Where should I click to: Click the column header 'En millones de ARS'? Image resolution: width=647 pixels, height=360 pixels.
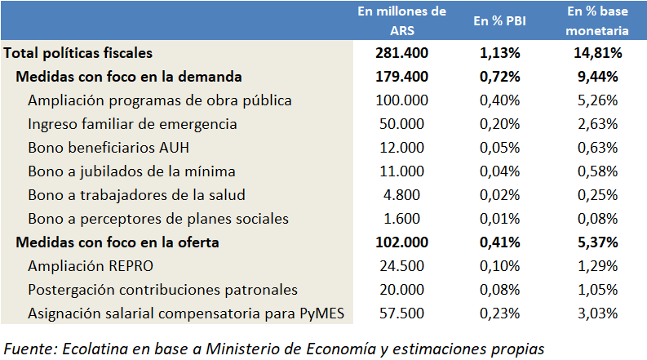(x=402, y=21)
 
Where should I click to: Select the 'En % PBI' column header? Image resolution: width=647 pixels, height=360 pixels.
(x=499, y=21)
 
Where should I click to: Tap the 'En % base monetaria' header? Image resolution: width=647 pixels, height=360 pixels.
(x=597, y=21)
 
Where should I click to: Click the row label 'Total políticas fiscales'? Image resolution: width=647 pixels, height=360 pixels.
(x=78, y=53)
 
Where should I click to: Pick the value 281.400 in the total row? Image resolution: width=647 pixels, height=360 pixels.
(x=401, y=53)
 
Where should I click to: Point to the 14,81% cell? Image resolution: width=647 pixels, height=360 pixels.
(x=597, y=53)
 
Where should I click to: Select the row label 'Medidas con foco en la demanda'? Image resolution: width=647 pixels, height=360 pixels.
(x=129, y=77)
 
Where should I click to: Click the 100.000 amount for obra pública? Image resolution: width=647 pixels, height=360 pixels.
(x=401, y=100)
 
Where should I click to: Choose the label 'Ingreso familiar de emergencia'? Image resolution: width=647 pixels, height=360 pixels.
(x=132, y=124)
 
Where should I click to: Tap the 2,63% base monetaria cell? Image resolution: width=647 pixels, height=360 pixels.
(x=597, y=124)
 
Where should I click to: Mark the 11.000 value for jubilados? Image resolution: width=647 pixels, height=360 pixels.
(x=401, y=171)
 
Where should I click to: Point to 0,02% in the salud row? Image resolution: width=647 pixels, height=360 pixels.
(x=499, y=195)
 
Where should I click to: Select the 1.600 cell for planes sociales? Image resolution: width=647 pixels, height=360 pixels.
(x=401, y=219)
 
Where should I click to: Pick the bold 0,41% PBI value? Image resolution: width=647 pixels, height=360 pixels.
(x=499, y=242)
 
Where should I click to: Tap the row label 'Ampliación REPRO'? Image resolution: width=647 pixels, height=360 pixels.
(x=91, y=266)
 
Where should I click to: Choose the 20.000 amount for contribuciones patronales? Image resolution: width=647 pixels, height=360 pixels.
(x=401, y=290)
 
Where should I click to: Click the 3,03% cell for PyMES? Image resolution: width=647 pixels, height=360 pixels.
(x=597, y=313)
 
